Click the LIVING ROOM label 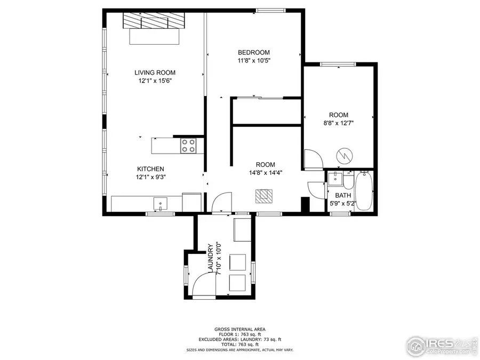coord(155,73)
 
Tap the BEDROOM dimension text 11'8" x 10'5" coord(254,60)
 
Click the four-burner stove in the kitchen coord(187,146)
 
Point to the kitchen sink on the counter coord(160,203)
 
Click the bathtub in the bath coord(365,190)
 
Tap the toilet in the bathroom coord(348,181)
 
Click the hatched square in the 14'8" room coord(262,196)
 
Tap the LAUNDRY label coord(211,258)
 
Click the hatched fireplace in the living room coord(153,21)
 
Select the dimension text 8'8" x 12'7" coord(338,123)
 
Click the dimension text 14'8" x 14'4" coord(265,172)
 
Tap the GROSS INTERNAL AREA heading coord(239,329)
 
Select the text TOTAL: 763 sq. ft coord(239,345)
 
